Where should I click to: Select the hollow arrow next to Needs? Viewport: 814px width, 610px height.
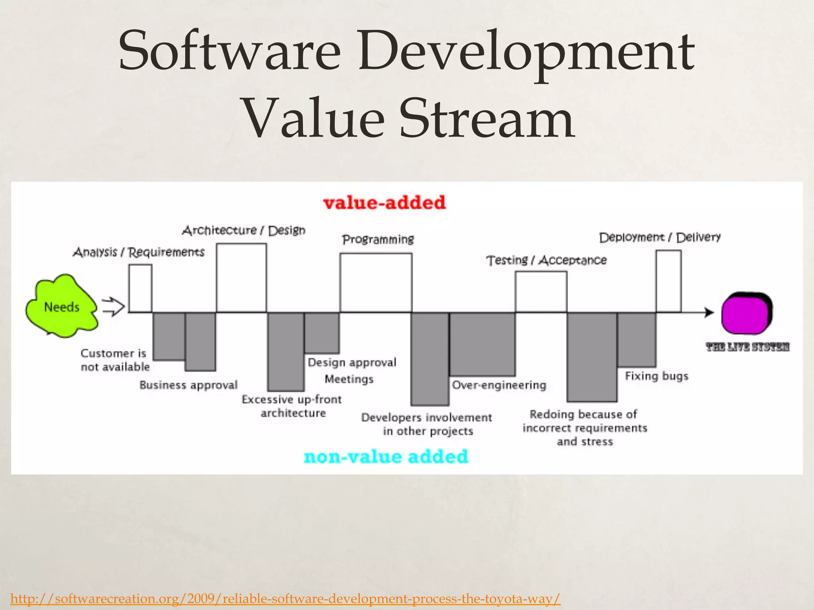pyautogui.click(x=114, y=307)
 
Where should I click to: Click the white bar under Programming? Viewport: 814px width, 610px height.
pyautogui.click(x=376, y=283)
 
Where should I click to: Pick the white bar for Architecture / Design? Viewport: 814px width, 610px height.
pyautogui.click(x=241, y=278)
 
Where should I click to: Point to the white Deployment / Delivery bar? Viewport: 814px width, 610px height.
pyautogui.click(x=668, y=281)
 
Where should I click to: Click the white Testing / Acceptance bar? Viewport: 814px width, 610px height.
pyautogui.click(x=541, y=292)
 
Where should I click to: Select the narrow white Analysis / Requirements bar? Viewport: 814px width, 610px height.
pyautogui.click(x=140, y=288)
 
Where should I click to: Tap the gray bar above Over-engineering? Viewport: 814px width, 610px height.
pyautogui.click(x=482, y=344)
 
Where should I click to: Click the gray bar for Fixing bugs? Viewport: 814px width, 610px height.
pyautogui.click(x=636, y=340)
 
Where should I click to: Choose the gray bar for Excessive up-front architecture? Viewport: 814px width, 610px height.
pyautogui.click(x=286, y=352)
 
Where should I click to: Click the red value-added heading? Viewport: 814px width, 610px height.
pyautogui.click(x=384, y=203)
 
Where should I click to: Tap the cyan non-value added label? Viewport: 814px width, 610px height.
pyautogui.click(x=386, y=457)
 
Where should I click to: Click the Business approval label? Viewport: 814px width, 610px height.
pyautogui.click(x=188, y=385)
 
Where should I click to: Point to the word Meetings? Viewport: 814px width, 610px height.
pyautogui.click(x=349, y=379)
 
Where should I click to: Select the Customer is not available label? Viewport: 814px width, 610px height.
pyautogui.click(x=115, y=360)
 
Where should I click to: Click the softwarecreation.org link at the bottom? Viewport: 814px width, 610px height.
pyautogui.click(x=285, y=598)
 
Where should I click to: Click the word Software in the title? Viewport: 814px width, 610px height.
pyautogui.click(x=229, y=52)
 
